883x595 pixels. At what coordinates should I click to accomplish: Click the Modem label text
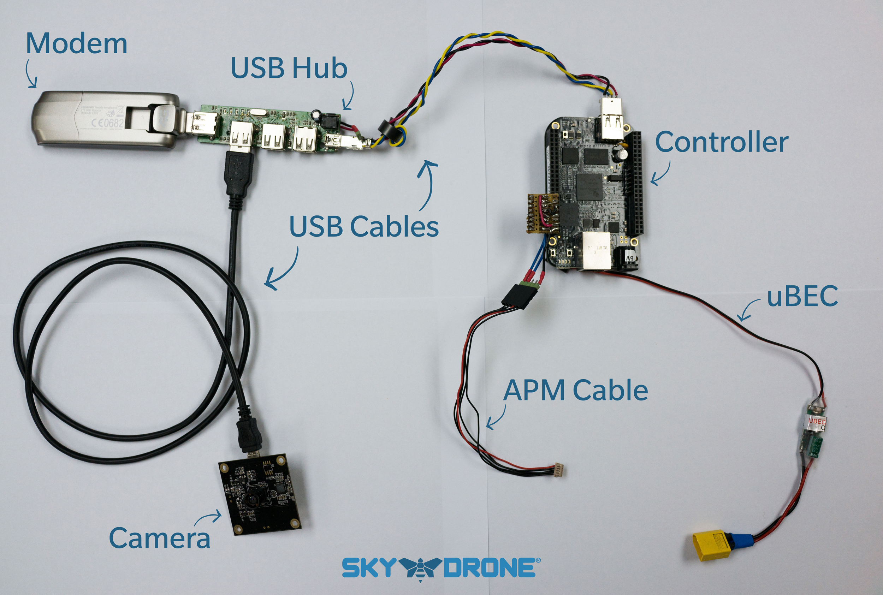(76, 44)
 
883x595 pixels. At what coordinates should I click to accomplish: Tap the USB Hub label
(289, 68)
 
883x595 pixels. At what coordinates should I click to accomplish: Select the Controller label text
(721, 142)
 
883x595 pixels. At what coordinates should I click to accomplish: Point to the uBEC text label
(802, 296)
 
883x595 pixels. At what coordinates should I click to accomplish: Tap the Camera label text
(159, 538)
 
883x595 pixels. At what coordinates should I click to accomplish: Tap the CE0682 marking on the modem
(108, 123)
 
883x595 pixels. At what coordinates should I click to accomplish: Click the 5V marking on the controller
(629, 258)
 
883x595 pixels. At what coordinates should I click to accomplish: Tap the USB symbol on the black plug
(238, 166)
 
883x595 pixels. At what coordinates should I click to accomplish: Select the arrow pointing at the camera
(208, 518)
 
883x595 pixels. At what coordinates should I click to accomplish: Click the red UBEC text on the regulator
(816, 421)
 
